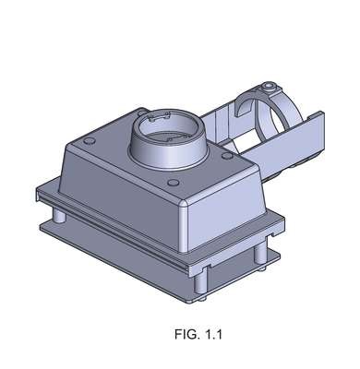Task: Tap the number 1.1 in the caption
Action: tap(211, 334)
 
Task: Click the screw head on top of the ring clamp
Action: tap(270, 87)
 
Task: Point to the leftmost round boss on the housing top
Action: tap(90, 141)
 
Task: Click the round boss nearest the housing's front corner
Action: tap(174, 183)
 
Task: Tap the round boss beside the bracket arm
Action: tap(227, 156)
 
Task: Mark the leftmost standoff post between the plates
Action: tap(58, 215)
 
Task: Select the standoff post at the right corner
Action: tap(260, 255)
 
